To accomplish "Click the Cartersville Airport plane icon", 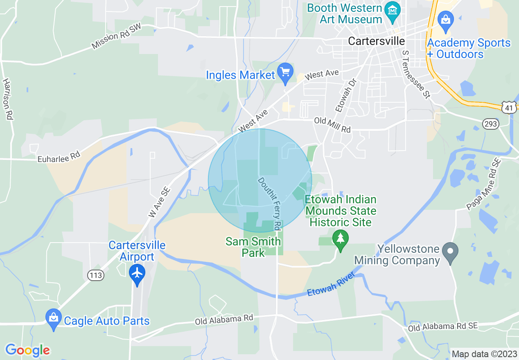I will click(137, 272).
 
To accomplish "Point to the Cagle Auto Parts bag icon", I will click(53, 317).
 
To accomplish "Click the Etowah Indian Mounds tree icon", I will click(340, 237).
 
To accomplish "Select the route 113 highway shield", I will click(95, 275).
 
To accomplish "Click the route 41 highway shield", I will click(509, 108).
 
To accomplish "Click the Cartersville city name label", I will click(376, 41).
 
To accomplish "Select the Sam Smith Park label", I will click(253, 247).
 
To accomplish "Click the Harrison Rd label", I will click(7, 99).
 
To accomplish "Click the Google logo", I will click(27, 350).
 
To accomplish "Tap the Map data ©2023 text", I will click(483, 354).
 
